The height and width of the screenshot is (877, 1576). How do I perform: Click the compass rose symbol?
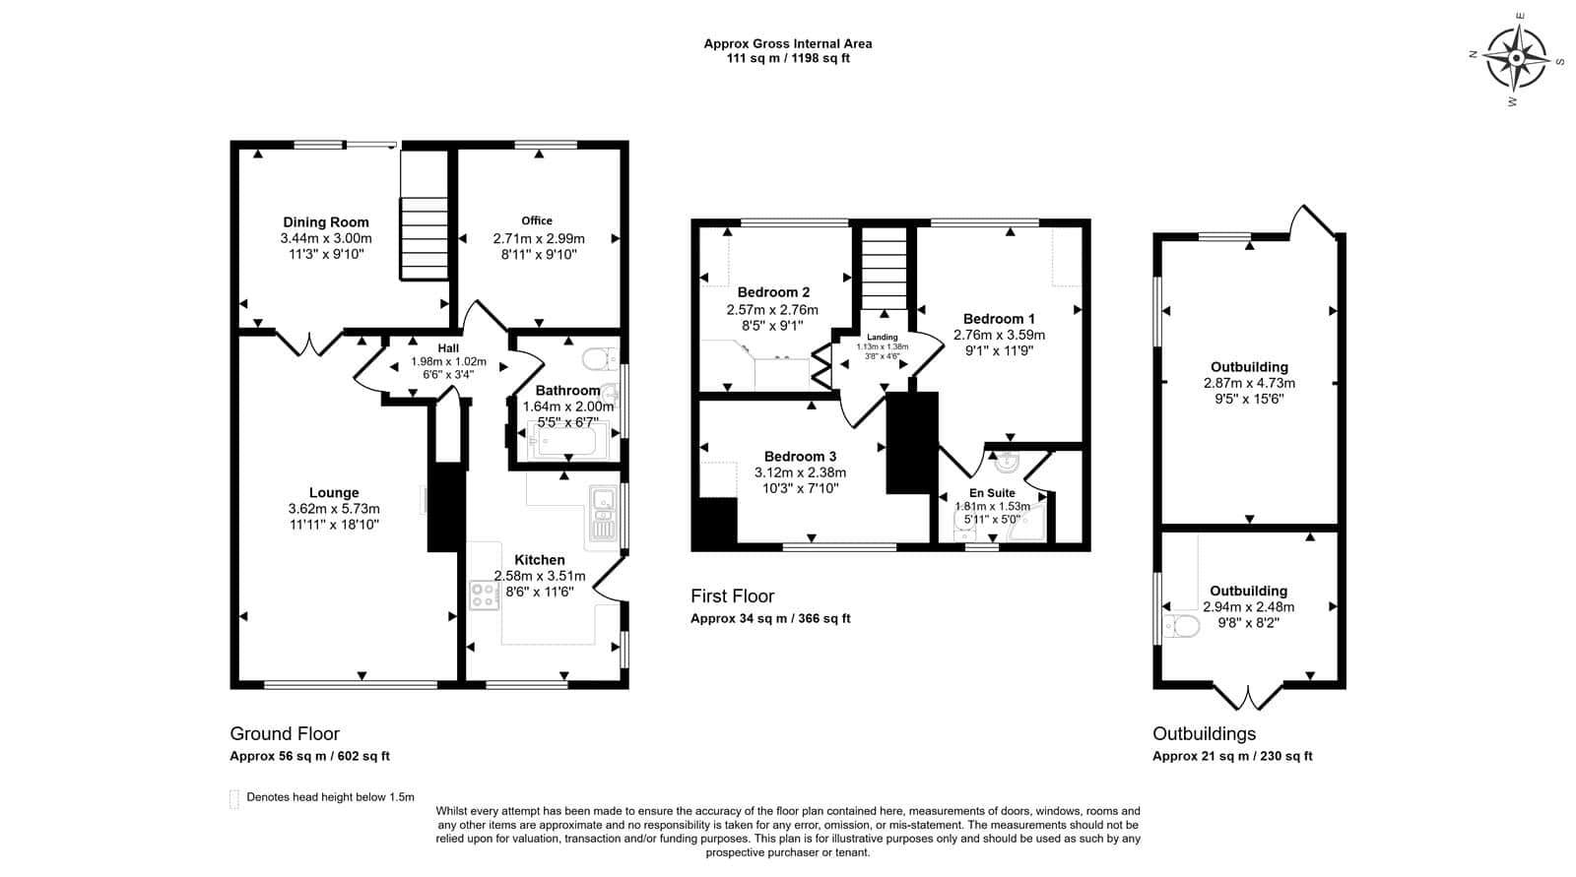coord(1517,58)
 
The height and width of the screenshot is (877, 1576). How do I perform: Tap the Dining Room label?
coord(326,222)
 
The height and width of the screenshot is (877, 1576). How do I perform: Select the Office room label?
coord(537,220)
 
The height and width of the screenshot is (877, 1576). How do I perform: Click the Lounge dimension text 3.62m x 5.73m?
coord(334,509)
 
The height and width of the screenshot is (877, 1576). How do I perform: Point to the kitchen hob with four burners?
coord(484,595)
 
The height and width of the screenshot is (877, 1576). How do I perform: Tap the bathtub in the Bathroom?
coord(567,441)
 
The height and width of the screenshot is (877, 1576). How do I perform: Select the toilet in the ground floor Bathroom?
coord(600,358)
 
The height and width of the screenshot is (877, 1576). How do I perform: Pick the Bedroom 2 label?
coord(773,292)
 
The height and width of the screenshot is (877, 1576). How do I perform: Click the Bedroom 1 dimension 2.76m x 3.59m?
coord(999,336)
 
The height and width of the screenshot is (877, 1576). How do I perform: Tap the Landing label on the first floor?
coord(883,338)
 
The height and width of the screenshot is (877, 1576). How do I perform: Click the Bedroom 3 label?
coord(800,457)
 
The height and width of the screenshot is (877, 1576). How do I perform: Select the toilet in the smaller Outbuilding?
coord(1181,625)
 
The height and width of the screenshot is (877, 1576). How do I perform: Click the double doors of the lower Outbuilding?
coord(1249,697)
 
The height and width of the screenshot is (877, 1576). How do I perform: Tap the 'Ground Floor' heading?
coord(285,733)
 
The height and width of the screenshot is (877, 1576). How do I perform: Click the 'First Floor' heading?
coord(733,596)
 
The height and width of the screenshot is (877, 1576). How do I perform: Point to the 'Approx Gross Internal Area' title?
coord(788,43)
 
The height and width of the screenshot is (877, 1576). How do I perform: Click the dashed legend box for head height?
coord(234,799)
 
